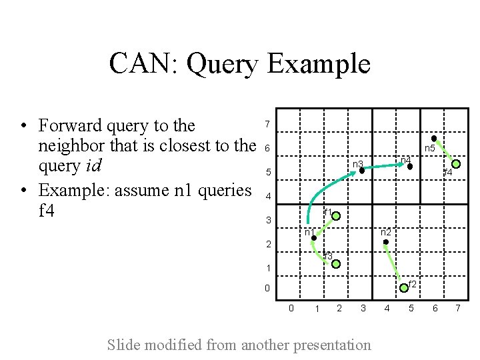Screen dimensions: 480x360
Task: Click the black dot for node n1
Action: click(313, 237)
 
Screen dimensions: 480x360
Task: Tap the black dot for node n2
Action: click(386, 242)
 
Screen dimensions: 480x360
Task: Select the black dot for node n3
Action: click(362, 171)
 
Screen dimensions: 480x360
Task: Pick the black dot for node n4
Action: click(410, 167)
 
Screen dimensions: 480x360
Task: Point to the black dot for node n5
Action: click(434, 139)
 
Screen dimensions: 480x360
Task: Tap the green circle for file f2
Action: click(404, 288)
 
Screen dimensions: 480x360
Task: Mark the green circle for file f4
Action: click(457, 163)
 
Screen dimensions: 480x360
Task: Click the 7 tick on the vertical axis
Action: click(267, 125)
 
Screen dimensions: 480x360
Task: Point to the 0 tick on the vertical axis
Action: click(267, 289)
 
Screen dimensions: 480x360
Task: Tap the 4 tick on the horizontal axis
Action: click(387, 308)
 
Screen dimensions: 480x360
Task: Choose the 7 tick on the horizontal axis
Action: click(458, 308)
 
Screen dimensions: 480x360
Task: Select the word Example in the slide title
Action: click(318, 64)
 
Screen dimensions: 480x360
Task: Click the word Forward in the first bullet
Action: click(70, 125)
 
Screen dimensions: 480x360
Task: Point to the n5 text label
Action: click(430, 148)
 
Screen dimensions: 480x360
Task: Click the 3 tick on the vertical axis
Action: click(268, 221)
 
